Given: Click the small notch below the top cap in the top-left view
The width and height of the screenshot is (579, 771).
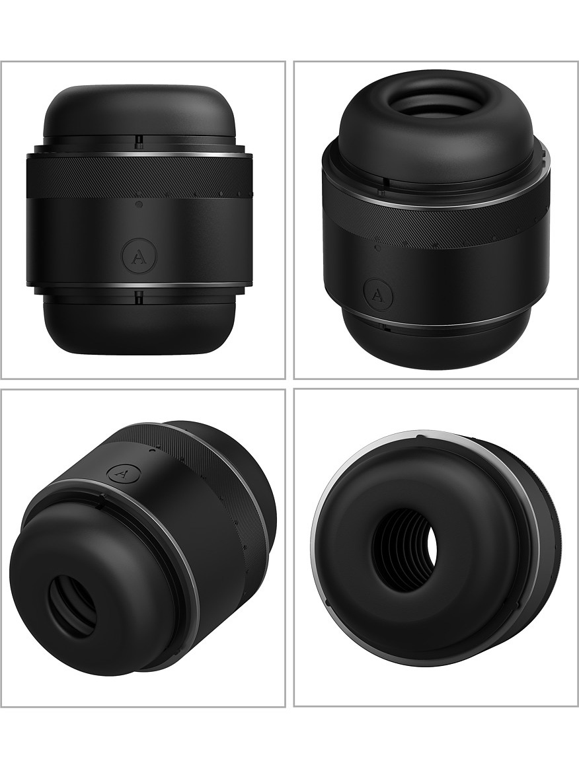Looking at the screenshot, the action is (x=139, y=141).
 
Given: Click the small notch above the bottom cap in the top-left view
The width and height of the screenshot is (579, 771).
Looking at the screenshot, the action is (x=139, y=297).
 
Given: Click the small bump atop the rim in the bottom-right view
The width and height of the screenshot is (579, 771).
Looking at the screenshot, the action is (x=419, y=437).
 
